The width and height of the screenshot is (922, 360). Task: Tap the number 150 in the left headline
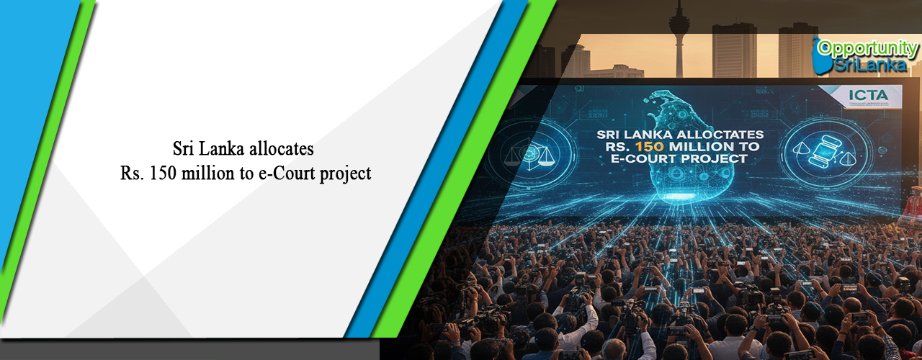pos(164,174)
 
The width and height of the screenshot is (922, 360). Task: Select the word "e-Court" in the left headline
pos(283,174)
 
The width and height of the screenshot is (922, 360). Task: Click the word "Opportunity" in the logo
pos(869,48)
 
